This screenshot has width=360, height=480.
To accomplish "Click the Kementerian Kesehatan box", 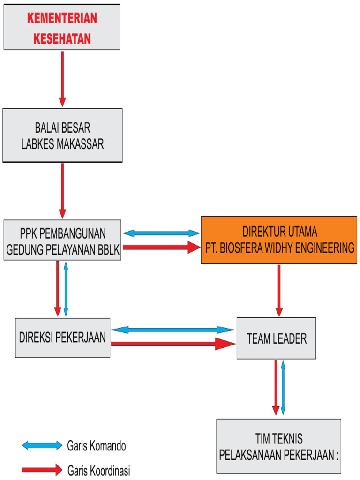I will coord(62,27).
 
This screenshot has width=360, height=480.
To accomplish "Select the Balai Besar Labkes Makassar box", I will coord(62,135).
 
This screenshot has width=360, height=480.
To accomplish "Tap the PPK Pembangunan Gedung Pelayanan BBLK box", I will coord(62,240).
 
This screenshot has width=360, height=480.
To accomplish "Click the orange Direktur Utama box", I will coord(279,240).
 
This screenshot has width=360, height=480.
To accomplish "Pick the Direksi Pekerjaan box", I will coord(62,337).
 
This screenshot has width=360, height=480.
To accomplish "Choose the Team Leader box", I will coord(276,338).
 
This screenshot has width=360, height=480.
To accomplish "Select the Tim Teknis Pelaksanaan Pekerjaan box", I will coord(278,446).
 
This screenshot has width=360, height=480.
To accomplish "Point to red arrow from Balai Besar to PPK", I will coord(62,190).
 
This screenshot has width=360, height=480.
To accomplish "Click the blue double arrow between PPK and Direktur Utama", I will coord(161,233).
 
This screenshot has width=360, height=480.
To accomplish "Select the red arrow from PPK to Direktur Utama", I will coord(161,247).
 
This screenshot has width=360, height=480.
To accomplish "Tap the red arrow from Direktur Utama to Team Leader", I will coord(279,290).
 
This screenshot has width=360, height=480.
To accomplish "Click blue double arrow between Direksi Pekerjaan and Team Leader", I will coord(172,330).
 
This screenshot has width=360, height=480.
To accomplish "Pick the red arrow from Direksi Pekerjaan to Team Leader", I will coord(172,344).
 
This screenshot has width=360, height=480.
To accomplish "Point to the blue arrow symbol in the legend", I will coord(42,445).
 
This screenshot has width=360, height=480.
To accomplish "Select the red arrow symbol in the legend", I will coord(42,469).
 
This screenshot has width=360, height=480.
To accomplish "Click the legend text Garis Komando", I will coord(97,446).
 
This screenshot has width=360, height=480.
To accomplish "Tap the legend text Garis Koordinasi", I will coord(98,470).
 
